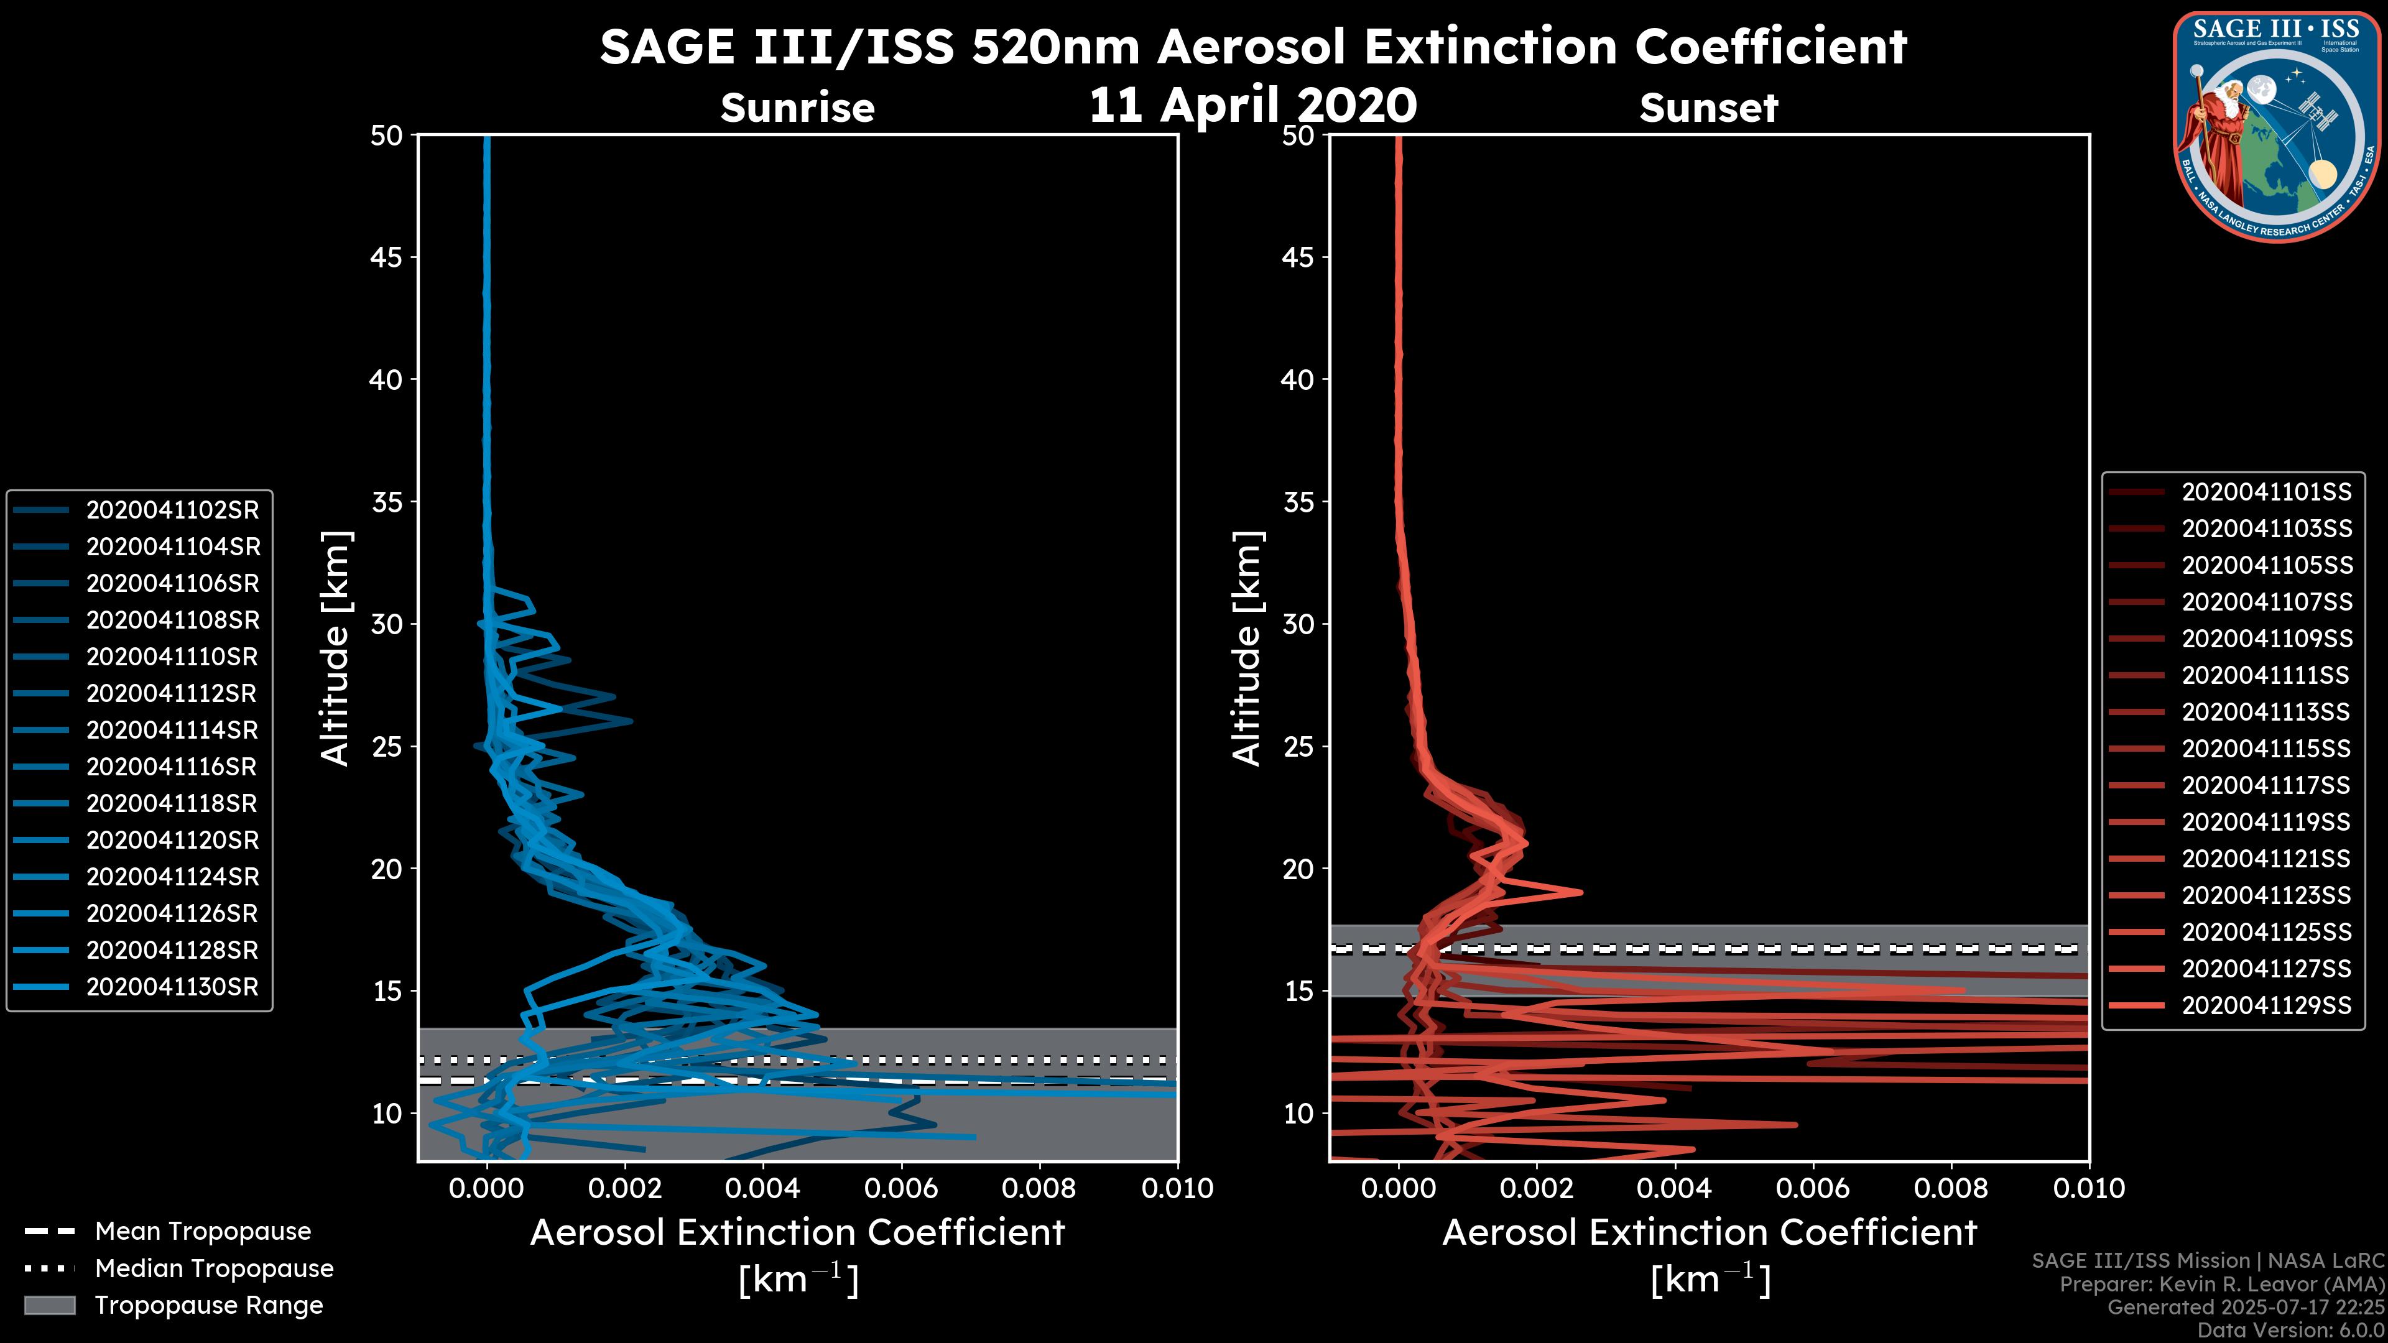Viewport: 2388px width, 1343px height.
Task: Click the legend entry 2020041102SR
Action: click(172, 510)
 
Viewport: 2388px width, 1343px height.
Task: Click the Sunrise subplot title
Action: click(797, 108)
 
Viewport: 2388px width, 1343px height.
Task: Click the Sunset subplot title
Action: click(1708, 108)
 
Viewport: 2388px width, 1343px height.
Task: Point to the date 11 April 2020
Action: click(1252, 104)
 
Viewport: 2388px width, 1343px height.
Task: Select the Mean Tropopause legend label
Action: click(203, 1231)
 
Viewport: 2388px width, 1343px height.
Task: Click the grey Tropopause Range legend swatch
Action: click(49, 1305)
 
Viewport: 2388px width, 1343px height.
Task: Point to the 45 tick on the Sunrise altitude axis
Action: click(387, 257)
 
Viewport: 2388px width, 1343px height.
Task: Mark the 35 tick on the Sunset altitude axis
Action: click(1298, 501)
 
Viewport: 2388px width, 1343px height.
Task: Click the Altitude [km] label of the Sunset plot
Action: click(1247, 648)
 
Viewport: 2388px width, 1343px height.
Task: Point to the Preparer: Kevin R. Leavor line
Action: click(2221, 1285)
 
